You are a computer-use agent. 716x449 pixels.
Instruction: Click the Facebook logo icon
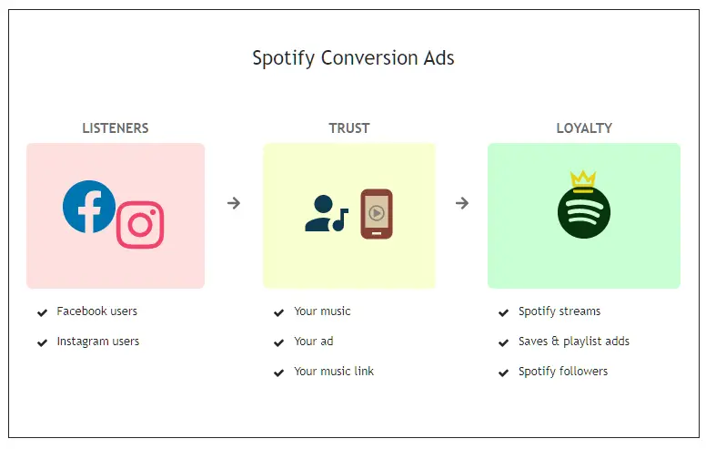click(x=89, y=207)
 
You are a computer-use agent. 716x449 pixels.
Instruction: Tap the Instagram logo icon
click(x=140, y=224)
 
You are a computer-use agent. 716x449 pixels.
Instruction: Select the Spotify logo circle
click(x=583, y=212)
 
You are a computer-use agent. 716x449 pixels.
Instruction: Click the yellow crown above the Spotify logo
click(x=583, y=181)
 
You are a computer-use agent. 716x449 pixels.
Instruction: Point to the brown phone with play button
click(x=377, y=214)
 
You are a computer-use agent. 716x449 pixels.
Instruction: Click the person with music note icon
click(x=327, y=213)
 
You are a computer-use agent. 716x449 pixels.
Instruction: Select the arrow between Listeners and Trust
click(x=234, y=202)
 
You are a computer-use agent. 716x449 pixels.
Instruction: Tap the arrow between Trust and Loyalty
click(x=462, y=202)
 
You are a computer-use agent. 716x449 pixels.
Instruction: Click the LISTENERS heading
click(x=116, y=128)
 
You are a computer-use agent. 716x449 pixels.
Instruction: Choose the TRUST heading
click(x=349, y=128)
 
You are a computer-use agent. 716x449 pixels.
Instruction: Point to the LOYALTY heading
click(x=584, y=128)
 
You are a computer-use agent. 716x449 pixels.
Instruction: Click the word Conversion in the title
click(x=369, y=58)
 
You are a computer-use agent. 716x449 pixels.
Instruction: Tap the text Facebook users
click(x=96, y=311)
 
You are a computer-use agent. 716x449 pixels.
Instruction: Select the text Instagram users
click(x=97, y=342)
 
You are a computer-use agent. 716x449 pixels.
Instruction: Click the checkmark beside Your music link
click(x=278, y=372)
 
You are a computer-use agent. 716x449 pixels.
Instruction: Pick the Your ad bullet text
click(x=314, y=342)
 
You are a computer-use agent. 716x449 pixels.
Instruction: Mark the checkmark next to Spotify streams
click(x=503, y=312)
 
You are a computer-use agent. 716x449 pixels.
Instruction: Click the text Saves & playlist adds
click(x=574, y=342)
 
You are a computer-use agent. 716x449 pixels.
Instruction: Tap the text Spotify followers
click(x=563, y=372)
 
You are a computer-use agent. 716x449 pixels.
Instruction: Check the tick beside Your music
click(x=278, y=312)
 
